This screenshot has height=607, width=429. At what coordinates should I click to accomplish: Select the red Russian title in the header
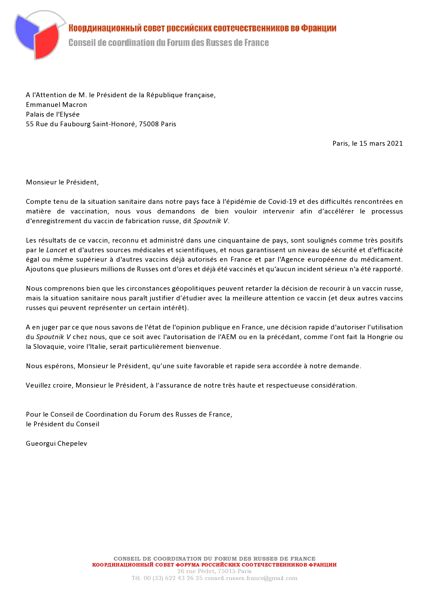point(202,28)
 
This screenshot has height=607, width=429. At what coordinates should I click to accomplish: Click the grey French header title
point(168,43)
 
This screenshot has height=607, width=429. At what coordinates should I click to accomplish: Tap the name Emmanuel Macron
point(56,105)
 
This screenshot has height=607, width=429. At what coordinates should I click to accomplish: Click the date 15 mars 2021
point(381,143)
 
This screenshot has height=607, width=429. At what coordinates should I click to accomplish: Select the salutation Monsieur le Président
point(62,182)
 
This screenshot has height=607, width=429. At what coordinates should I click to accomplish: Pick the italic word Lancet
point(57,250)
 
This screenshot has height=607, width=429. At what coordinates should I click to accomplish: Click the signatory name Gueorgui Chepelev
point(56,443)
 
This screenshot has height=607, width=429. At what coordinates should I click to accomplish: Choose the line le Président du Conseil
point(63,424)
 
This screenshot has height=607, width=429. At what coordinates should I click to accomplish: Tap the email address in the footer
point(251,578)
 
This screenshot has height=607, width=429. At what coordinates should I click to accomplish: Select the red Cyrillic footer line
point(214,565)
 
